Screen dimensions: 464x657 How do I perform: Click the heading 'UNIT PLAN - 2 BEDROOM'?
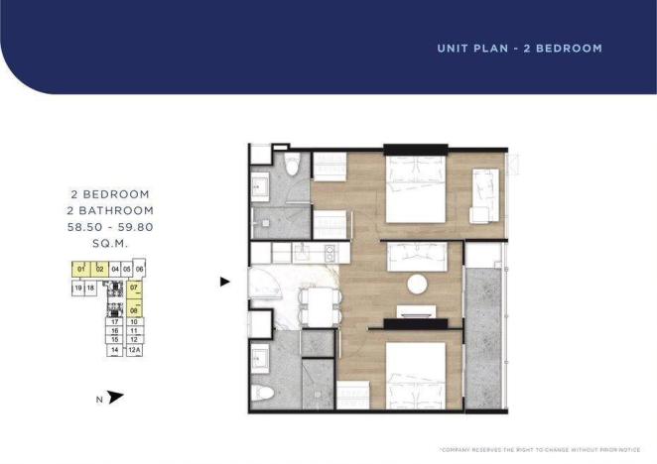(x=519, y=48)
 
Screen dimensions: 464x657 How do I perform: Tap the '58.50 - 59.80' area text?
(x=110, y=226)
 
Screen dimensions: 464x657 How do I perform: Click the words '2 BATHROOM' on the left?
(x=110, y=210)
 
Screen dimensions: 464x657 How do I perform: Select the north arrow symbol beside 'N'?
(x=116, y=398)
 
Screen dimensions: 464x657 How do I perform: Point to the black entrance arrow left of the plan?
(x=225, y=282)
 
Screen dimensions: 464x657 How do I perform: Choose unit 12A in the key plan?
(x=135, y=350)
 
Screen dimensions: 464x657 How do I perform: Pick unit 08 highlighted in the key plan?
(x=134, y=310)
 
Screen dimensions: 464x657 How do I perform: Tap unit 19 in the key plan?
(x=77, y=288)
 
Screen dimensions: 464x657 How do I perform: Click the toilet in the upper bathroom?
(x=292, y=170)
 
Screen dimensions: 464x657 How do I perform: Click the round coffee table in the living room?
(x=417, y=285)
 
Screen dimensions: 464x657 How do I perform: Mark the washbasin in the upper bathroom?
(x=263, y=184)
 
